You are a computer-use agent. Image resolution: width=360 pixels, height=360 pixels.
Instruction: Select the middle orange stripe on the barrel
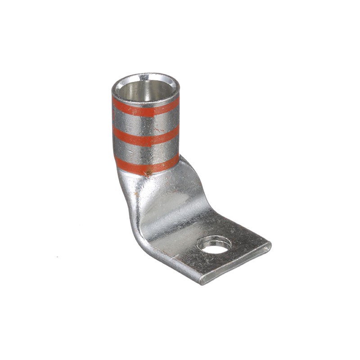coord(145,136)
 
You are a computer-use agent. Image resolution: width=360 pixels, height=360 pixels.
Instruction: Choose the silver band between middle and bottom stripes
coord(145,151)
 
